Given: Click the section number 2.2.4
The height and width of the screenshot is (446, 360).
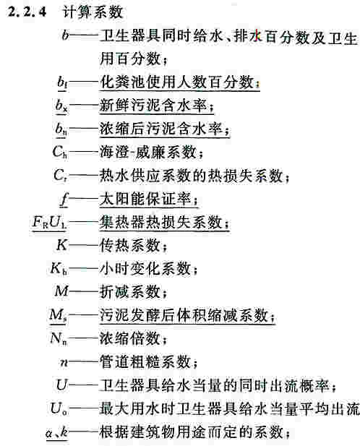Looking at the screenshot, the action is [27, 12].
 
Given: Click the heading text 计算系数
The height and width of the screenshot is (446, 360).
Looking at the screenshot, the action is [93, 12].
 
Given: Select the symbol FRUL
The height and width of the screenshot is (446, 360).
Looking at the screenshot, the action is [49, 222].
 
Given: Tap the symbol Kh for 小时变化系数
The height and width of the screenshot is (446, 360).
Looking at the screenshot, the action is [59, 268].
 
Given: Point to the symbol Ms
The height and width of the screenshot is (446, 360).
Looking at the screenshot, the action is [59, 315].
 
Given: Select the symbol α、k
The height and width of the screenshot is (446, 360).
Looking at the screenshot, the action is [56, 432].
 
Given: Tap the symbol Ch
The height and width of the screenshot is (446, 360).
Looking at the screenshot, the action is [60, 152].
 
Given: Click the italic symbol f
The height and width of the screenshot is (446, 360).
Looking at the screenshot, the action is [64, 199].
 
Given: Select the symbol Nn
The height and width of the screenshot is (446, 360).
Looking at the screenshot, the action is [59, 338].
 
